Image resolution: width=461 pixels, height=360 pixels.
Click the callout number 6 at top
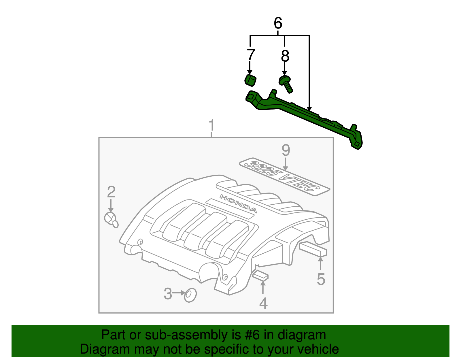click(278, 23)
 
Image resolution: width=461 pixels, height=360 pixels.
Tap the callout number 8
click(285, 56)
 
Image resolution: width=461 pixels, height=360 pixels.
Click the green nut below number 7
click(251, 80)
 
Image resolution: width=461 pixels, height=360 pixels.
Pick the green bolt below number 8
click(286, 84)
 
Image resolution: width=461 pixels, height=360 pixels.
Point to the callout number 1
click(212, 125)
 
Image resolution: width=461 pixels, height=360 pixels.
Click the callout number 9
click(286, 150)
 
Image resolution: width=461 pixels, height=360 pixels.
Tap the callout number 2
click(111, 192)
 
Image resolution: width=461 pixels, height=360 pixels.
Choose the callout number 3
click(168, 294)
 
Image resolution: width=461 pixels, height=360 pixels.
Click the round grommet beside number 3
click(190, 295)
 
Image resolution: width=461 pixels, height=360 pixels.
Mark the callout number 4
click(263, 303)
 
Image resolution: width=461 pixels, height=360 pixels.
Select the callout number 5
click(321, 279)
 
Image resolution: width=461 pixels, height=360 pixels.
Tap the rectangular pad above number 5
click(313, 249)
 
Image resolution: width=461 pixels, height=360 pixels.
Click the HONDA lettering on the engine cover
click(238, 203)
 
